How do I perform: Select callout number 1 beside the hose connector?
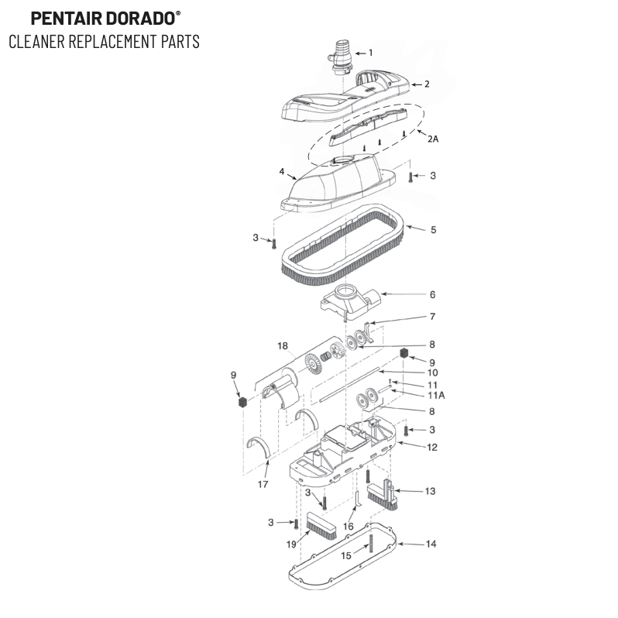click(370, 53)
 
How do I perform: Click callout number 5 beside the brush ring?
click(433, 229)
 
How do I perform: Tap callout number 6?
click(432, 294)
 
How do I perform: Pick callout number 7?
click(432, 317)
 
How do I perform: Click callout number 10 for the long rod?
click(432, 372)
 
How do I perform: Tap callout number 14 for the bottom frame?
click(431, 544)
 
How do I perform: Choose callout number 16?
click(348, 527)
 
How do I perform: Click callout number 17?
click(263, 485)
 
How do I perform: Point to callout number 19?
click(291, 544)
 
